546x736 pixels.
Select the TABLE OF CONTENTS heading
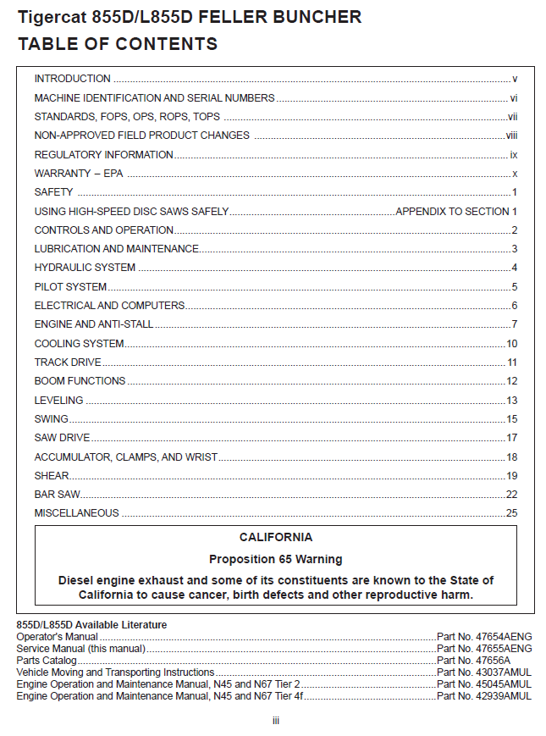(x=118, y=44)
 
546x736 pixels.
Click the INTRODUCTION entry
(x=72, y=79)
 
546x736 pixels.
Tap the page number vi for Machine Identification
(x=513, y=98)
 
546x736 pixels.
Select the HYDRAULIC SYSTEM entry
(x=85, y=268)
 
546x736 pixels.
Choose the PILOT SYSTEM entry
(x=70, y=287)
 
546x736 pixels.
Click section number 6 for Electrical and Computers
(x=514, y=306)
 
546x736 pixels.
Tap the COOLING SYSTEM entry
(x=79, y=344)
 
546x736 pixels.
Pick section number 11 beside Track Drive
(x=511, y=362)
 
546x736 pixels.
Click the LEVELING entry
(x=58, y=401)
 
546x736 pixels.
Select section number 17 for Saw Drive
(x=511, y=438)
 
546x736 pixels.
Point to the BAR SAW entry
(x=57, y=495)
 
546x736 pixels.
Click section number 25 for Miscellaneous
(x=511, y=513)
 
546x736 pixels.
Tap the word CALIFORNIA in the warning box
(x=276, y=538)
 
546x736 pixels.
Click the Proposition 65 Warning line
(x=276, y=559)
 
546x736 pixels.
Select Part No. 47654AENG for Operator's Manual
(x=484, y=637)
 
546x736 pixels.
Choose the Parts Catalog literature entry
(x=47, y=661)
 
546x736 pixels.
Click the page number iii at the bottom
(x=275, y=721)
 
